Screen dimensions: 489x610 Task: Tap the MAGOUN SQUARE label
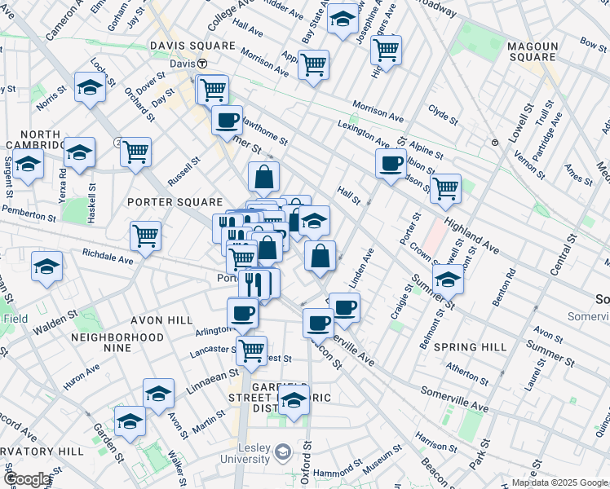pos(532,51)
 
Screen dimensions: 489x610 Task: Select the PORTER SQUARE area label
pos(175,201)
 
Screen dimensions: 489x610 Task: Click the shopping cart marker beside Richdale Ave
pos(145,236)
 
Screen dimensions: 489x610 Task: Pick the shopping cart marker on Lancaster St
pos(252,350)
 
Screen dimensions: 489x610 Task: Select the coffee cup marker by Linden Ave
pos(344,307)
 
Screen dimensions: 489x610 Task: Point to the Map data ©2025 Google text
pos(559,482)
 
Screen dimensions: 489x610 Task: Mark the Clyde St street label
pos(444,113)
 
